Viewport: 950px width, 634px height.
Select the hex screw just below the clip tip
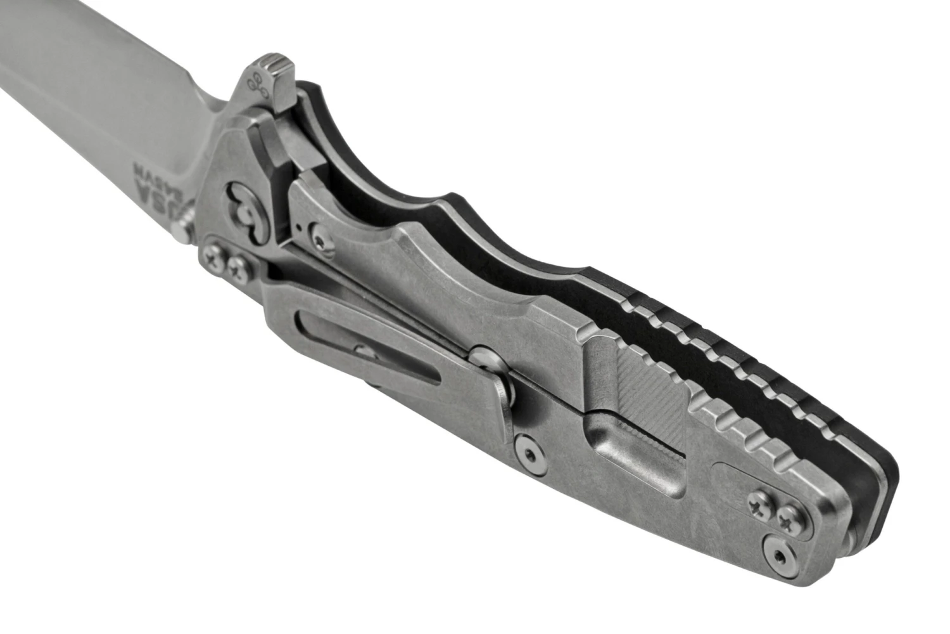point(527,451)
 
